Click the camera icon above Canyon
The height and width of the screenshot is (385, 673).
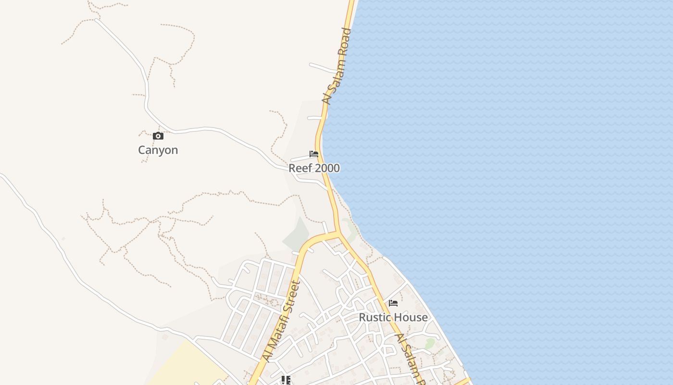pos(158,136)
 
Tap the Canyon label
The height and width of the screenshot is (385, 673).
pos(158,150)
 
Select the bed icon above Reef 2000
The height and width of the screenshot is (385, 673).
pos(314,154)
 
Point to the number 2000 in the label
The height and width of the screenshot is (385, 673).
pos(326,168)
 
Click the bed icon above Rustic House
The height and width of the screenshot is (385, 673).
pos(393,303)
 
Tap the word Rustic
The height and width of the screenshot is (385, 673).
pos(375,318)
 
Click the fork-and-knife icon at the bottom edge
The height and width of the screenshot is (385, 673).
pos(286,381)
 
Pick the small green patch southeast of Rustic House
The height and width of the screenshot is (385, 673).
pos(430,343)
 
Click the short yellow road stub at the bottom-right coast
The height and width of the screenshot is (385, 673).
pos(462,381)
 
